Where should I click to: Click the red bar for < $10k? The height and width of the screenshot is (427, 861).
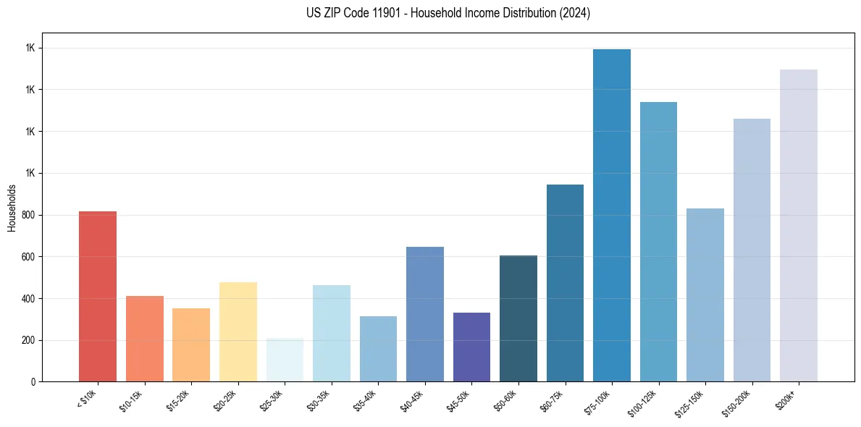coord(98,297)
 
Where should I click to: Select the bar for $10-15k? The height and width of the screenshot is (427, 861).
coord(144,339)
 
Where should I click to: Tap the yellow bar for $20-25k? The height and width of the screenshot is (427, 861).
coord(238,331)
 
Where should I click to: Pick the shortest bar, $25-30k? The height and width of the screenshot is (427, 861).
coord(285,360)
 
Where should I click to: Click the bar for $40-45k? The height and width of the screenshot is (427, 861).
coord(425,314)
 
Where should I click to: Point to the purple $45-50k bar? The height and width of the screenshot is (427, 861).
coord(471,347)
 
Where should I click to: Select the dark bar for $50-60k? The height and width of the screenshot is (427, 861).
coord(518,318)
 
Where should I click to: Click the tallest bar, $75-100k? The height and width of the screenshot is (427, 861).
coord(612,215)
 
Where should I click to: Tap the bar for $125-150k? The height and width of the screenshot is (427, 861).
coord(705,295)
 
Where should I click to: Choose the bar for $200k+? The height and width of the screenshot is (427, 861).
coord(799,225)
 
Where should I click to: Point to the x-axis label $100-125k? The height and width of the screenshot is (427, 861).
coord(646,402)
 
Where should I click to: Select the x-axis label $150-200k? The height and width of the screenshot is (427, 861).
coord(739,402)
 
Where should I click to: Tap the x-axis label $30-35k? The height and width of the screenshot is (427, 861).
coord(321,399)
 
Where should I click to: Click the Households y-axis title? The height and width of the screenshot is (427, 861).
coord(12,208)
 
